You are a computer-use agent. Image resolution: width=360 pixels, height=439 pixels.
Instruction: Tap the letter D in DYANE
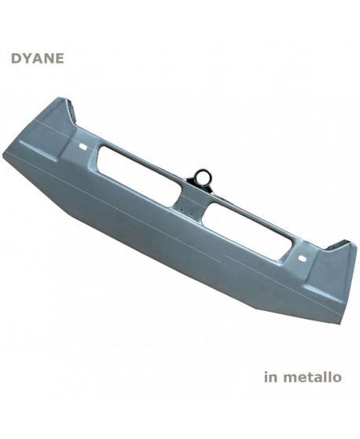(x=15, y=58)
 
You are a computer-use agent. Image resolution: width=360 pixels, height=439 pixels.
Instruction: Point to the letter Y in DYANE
(x=23, y=58)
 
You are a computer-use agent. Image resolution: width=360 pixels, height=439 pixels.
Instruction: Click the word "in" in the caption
(x=271, y=378)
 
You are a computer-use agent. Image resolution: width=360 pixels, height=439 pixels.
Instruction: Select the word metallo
(x=312, y=378)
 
